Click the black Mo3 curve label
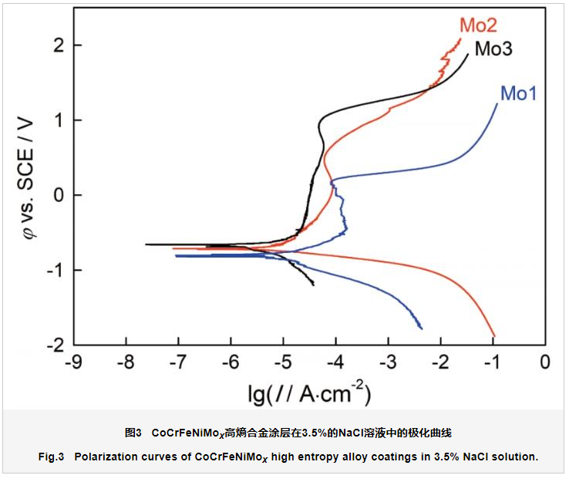(493, 49)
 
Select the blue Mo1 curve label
(518, 94)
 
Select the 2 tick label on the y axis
(56, 46)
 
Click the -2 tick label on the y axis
(53, 345)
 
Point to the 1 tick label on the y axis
(56, 120)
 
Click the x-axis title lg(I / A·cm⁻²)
(309, 393)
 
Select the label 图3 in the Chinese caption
(133, 431)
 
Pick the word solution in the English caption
(513, 457)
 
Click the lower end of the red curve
(494, 336)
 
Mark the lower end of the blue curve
(422, 329)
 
